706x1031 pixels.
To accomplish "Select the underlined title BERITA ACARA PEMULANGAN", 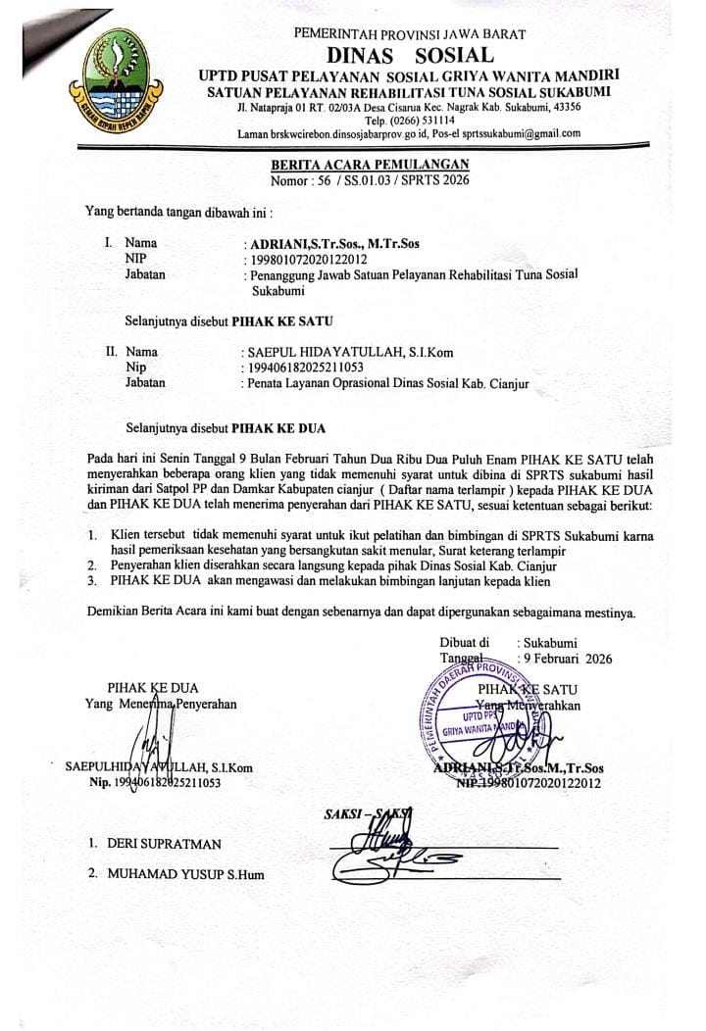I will coord(371,165).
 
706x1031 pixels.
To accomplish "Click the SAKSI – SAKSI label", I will coord(368,812).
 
